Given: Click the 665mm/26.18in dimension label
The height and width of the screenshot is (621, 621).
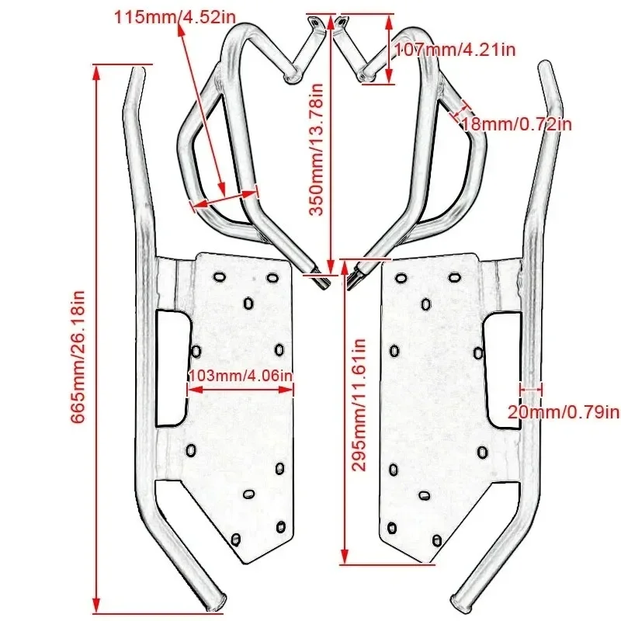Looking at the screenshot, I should [x=78, y=358].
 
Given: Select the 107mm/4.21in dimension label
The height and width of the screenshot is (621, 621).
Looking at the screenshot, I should [x=454, y=50].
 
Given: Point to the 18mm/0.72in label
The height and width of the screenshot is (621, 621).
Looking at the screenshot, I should [x=516, y=123].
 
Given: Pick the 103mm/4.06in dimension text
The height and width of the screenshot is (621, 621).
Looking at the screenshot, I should [x=241, y=375].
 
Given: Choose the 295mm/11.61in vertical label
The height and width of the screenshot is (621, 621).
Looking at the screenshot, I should [x=359, y=404].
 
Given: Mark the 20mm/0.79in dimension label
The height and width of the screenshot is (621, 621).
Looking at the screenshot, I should [x=564, y=411].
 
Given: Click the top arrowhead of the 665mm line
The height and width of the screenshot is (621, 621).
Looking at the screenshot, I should [x=96, y=71].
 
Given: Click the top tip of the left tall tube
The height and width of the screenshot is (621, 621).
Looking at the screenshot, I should [x=141, y=72].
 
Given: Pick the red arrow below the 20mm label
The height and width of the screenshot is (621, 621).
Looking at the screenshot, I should [x=532, y=388].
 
